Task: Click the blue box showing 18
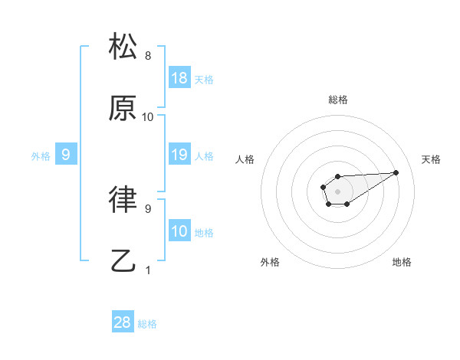tap(179, 78)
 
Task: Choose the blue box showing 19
tap(179, 155)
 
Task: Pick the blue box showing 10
tap(179, 231)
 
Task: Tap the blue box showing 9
tap(66, 155)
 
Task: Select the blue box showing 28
tap(123, 322)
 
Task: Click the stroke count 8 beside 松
tap(148, 56)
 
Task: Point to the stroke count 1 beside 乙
tap(148, 270)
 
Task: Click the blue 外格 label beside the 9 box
tap(41, 156)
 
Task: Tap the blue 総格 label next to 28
tap(147, 324)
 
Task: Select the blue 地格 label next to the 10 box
tap(204, 233)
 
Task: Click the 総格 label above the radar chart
tap(338, 100)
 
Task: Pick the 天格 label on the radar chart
tap(432, 159)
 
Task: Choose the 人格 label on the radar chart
tap(245, 159)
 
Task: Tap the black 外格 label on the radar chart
tap(270, 262)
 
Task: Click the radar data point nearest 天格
tap(396, 172)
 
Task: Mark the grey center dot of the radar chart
tap(337, 190)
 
